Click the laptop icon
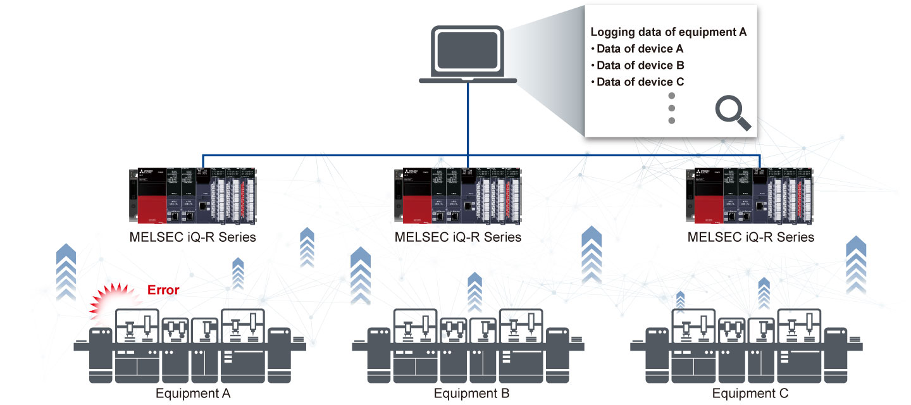(468, 54)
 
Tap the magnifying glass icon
(733, 115)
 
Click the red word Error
(163, 290)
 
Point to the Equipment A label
(193, 394)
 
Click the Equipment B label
(471, 394)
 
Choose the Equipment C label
(750, 394)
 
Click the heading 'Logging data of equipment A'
(669, 32)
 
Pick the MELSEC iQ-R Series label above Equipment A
(193, 237)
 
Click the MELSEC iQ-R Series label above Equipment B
(458, 237)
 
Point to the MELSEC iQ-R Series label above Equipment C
(751, 237)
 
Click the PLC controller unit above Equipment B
(458, 196)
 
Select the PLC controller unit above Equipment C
(751, 196)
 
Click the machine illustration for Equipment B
(468, 345)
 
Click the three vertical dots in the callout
(672, 108)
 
